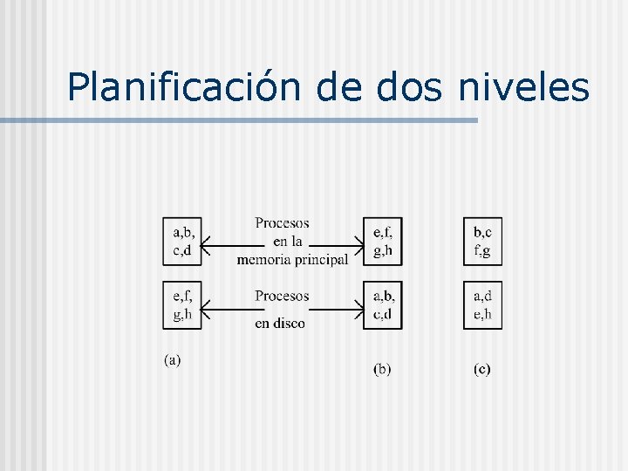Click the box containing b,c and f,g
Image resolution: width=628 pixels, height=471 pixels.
coord(482,240)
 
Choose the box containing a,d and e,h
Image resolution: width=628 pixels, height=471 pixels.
coord(482,304)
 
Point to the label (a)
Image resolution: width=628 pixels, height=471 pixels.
coord(173,359)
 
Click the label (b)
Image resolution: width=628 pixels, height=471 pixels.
coord(382,369)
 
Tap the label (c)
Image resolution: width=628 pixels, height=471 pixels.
coord(482,369)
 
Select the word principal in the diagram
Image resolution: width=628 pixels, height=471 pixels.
coord(320,259)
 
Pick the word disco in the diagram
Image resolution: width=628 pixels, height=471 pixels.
coord(290,324)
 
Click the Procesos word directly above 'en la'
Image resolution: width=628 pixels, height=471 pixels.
coord(282,223)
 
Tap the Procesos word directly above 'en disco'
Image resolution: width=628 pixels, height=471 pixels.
coord(282,297)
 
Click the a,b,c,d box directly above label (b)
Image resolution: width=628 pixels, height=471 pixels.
coord(383,304)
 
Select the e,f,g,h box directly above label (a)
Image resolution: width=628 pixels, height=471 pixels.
coord(183,304)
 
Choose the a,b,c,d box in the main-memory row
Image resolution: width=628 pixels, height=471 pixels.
coord(183,240)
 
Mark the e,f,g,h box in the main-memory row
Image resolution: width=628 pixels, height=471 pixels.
coord(383,240)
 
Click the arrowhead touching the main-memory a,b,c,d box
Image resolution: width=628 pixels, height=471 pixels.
coord(206,247)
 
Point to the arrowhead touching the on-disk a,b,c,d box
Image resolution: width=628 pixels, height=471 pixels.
coord(358,306)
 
